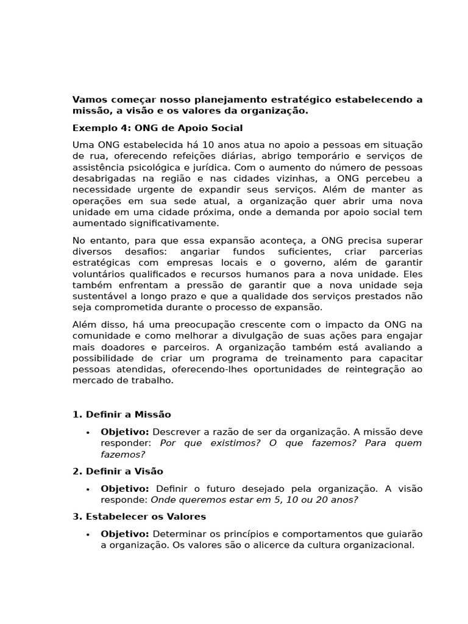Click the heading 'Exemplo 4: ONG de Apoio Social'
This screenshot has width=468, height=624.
point(157,128)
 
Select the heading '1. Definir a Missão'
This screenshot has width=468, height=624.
point(121,414)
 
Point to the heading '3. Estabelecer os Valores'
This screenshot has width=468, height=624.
point(139,516)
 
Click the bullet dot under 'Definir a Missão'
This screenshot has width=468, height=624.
point(88,432)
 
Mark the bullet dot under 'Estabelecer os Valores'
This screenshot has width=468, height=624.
point(88,534)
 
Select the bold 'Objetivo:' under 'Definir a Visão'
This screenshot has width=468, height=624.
point(125,489)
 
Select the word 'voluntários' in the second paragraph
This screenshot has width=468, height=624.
point(99,274)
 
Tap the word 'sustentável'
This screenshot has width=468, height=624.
point(99,296)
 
